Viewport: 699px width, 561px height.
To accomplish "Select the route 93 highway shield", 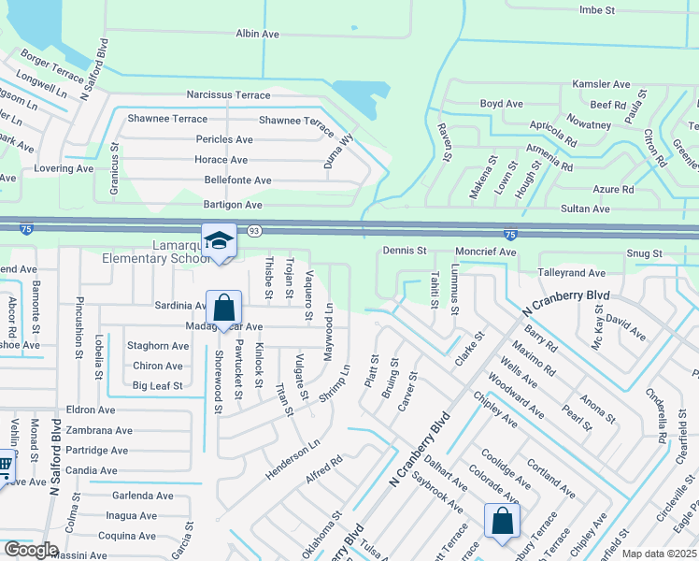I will click(x=254, y=230).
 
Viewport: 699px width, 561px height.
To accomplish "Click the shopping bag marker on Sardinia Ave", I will click(x=224, y=308).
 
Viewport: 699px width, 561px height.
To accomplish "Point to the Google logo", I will click(x=30, y=550).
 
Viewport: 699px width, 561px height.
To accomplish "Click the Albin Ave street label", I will click(x=258, y=34).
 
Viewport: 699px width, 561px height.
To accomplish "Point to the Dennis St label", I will click(x=405, y=252).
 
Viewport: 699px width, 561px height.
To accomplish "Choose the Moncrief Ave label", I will click(x=485, y=252).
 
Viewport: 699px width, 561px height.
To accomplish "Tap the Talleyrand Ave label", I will click(x=572, y=272).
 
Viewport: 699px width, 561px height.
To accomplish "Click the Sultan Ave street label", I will click(x=585, y=209).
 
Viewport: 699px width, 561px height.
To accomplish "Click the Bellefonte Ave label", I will click(x=237, y=180).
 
